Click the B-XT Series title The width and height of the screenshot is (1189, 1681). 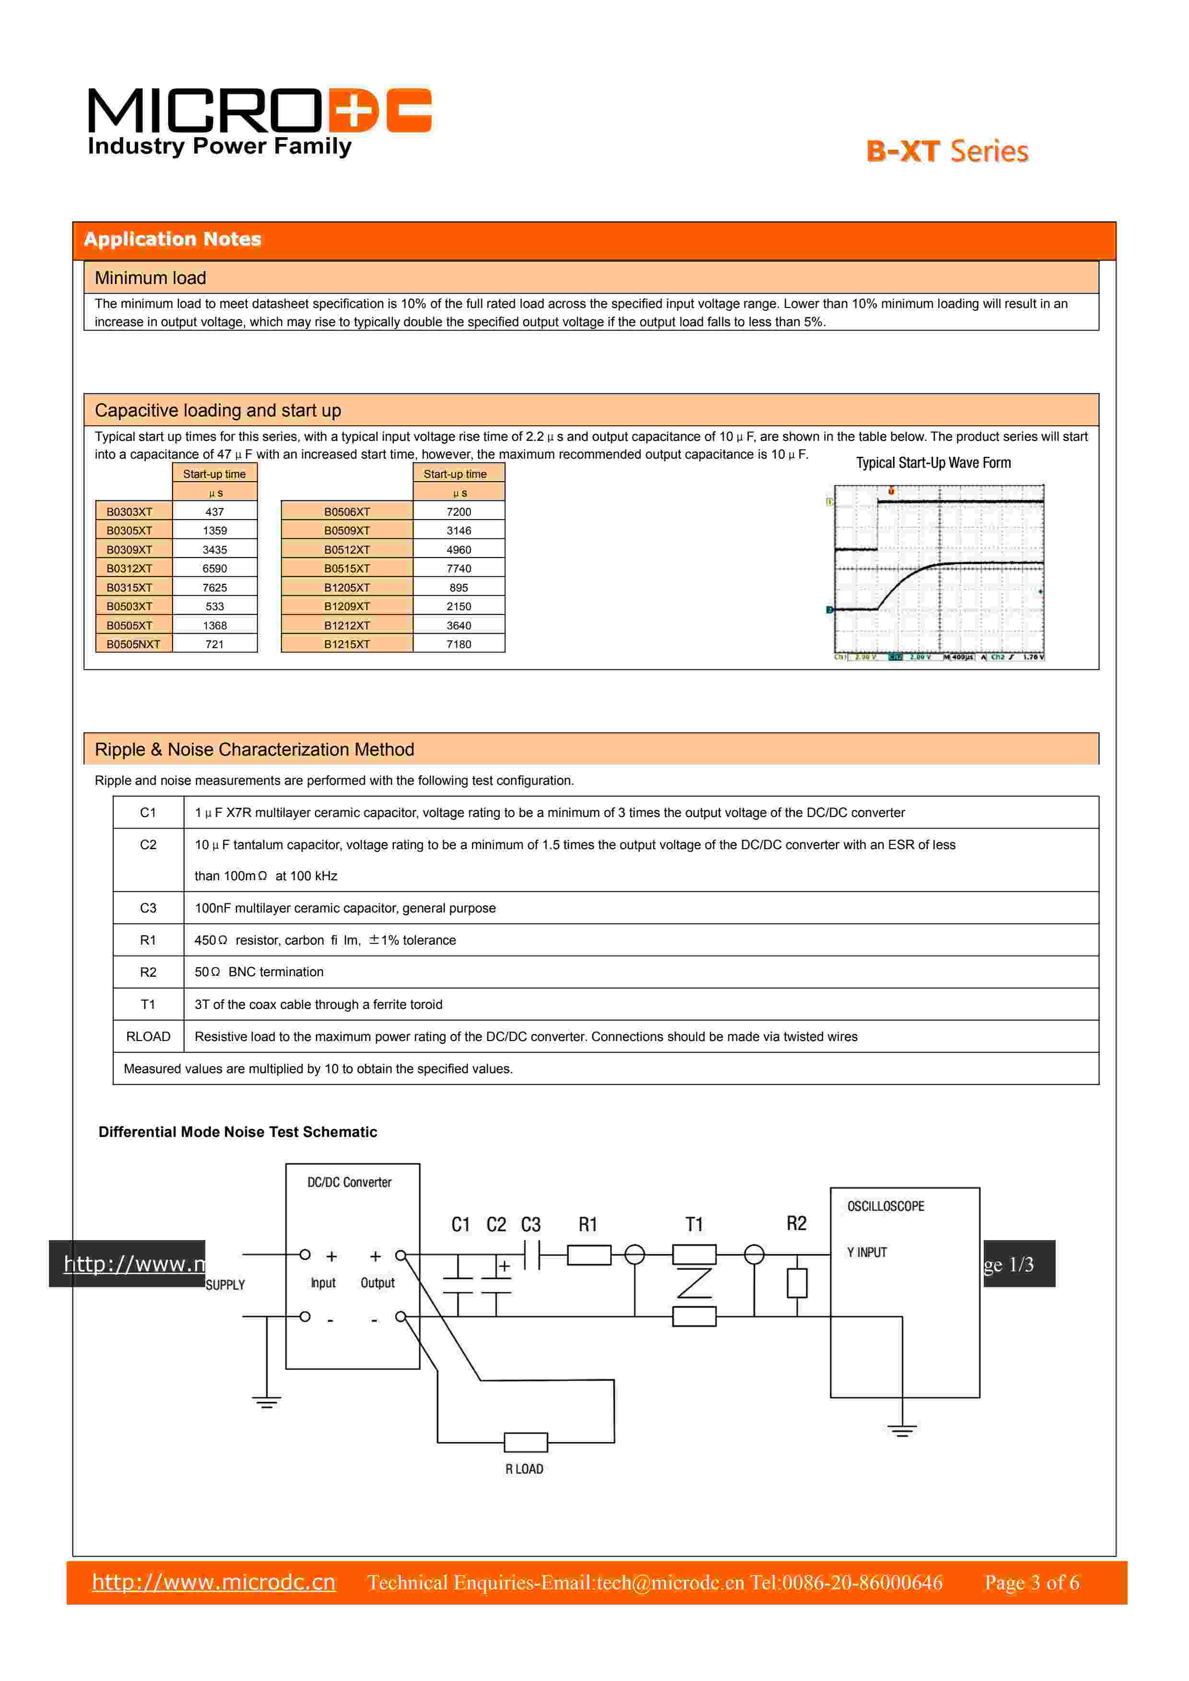(x=947, y=152)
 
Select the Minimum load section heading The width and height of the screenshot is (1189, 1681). (x=150, y=278)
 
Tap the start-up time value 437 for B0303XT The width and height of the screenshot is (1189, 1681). (x=214, y=512)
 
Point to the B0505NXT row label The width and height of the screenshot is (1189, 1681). (x=133, y=644)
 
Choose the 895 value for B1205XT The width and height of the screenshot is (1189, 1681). (x=459, y=588)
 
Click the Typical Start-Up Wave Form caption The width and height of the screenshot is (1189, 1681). (x=933, y=463)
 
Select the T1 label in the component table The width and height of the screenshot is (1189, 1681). (x=148, y=1005)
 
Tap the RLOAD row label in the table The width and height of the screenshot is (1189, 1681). (x=148, y=1037)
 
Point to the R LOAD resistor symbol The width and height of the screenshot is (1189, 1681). (x=526, y=1442)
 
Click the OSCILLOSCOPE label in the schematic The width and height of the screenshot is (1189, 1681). (x=885, y=1206)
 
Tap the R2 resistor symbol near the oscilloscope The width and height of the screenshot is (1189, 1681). (x=797, y=1283)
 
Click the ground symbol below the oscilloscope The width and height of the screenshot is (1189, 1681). (x=902, y=1430)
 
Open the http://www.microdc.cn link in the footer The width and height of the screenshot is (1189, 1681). (x=214, y=1582)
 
